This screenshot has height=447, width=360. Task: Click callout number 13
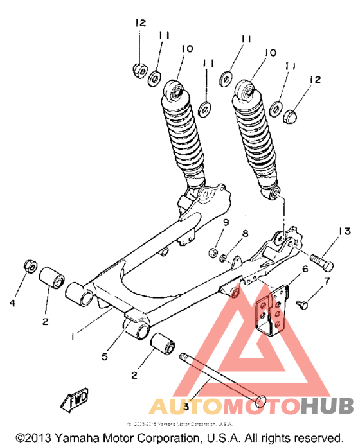point(343,231)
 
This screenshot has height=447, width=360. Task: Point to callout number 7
point(326,281)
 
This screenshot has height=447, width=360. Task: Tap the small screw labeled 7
point(303,299)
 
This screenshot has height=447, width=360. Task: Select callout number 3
point(186,407)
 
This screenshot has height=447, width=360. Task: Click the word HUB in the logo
point(327,406)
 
